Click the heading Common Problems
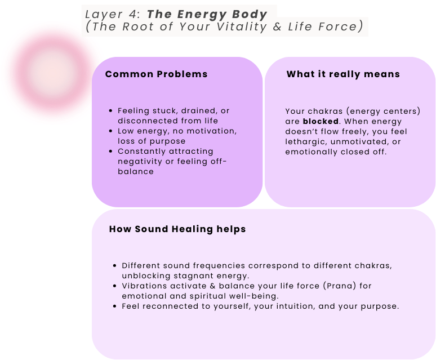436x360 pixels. (x=156, y=74)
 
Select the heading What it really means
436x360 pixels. (x=343, y=74)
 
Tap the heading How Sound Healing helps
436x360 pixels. (x=177, y=229)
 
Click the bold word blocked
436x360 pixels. (x=321, y=122)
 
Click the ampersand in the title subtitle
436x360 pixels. (x=277, y=26)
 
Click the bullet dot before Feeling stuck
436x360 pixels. (x=110, y=110)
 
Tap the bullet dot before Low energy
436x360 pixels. (x=110, y=131)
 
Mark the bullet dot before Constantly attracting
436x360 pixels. (x=110, y=151)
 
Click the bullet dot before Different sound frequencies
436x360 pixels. (x=115, y=266)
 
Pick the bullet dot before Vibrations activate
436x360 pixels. (x=115, y=286)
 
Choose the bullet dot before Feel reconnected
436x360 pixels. (x=115, y=306)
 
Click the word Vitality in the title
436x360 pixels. (x=241, y=27)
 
